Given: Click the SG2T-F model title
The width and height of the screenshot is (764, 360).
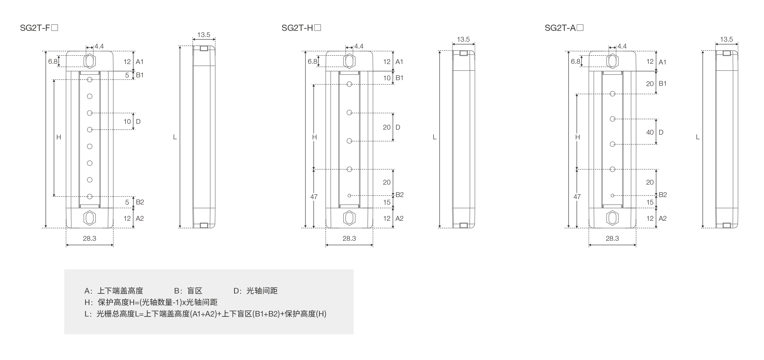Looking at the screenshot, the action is pyautogui.click(x=39, y=28).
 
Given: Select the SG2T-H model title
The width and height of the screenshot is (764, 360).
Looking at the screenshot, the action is pyautogui.click(x=301, y=28).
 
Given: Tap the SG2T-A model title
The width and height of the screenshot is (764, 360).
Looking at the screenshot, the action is pyautogui.click(x=564, y=28).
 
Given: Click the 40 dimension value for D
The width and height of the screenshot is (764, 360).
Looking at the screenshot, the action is pyautogui.click(x=650, y=132).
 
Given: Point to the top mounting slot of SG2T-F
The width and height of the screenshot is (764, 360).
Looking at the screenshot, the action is pyautogui.click(x=90, y=61).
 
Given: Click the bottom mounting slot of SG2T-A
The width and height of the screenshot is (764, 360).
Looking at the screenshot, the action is pyautogui.click(x=612, y=218).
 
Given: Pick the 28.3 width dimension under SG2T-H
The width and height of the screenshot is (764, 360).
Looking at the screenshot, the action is pyautogui.click(x=349, y=238).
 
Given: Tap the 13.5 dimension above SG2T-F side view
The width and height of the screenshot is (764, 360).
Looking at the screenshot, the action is pyautogui.click(x=204, y=35).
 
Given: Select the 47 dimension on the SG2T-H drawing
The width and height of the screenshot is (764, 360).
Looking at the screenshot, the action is pyautogui.click(x=314, y=197).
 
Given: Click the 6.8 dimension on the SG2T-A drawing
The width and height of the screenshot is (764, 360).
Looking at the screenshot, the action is pyautogui.click(x=575, y=61).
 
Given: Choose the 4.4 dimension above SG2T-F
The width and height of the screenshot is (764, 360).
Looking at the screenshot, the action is pyautogui.click(x=99, y=46).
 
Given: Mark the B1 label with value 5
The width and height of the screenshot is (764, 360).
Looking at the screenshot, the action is pyautogui.click(x=140, y=75).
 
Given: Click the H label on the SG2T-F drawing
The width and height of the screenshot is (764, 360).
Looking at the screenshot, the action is pyautogui.click(x=59, y=137).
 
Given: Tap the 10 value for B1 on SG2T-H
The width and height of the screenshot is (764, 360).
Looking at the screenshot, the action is pyautogui.click(x=387, y=78).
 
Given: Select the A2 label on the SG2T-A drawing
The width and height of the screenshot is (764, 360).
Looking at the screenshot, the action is pyautogui.click(x=662, y=218).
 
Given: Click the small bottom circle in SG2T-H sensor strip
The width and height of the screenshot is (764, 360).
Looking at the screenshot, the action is pyautogui.click(x=349, y=195).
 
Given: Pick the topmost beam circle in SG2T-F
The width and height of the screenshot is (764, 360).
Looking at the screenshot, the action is pyautogui.click(x=90, y=79).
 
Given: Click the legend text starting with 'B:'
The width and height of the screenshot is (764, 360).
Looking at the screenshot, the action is pyautogui.click(x=188, y=291).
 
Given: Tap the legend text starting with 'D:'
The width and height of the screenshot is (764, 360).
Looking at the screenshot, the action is pyautogui.click(x=256, y=291).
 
